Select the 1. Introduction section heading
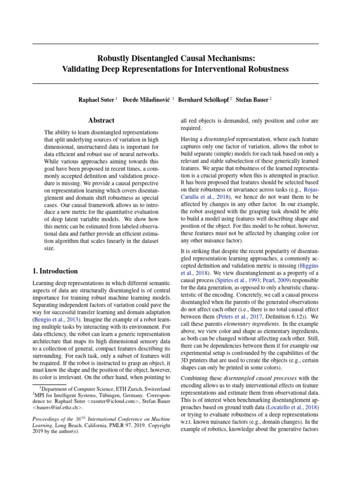[55, 271]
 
